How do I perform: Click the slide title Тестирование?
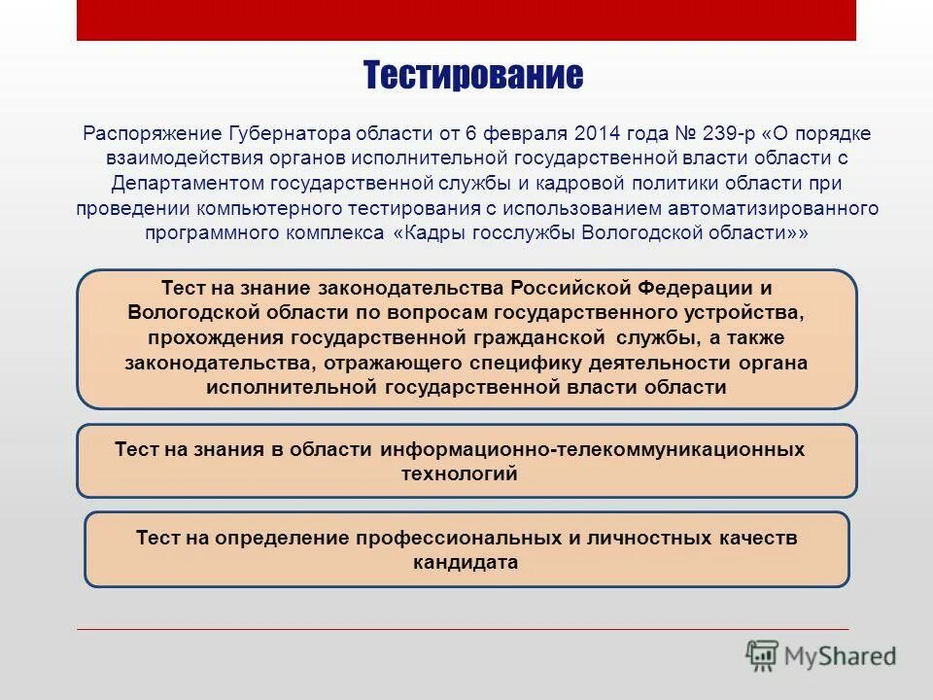pyautogui.click(x=473, y=75)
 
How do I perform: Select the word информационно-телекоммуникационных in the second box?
pyautogui.click(x=593, y=449)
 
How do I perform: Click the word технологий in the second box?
pyautogui.click(x=459, y=474)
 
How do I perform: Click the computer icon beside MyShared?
pyautogui.click(x=763, y=655)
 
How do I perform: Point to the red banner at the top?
pyautogui.click(x=466, y=19)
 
